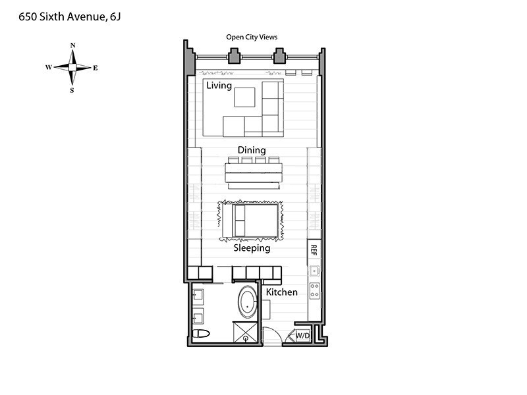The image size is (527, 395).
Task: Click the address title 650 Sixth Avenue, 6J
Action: (x=70, y=17)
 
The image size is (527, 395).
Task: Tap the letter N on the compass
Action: (x=73, y=45)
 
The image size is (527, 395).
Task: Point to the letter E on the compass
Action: (x=96, y=68)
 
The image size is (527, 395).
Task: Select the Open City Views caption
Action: (x=252, y=37)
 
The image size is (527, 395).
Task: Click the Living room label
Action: (x=219, y=86)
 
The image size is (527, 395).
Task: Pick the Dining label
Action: (x=252, y=150)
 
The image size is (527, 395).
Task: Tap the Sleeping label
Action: (x=252, y=248)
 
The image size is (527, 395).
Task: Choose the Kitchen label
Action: (x=282, y=292)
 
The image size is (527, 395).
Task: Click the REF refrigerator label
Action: (x=314, y=250)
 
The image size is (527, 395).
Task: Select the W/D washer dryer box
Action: (x=302, y=335)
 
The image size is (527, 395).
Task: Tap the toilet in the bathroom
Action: (x=201, y=334)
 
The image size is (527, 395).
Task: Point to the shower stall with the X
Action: (x=245, y=332)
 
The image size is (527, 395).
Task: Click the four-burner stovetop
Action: (x=315, y=290)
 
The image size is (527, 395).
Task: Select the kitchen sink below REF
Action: (x=314, y=271)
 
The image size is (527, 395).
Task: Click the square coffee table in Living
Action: (x=244, y=97)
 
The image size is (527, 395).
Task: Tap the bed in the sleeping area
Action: (x=250, y=221)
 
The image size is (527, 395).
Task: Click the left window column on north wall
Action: (x=234, y=56)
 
